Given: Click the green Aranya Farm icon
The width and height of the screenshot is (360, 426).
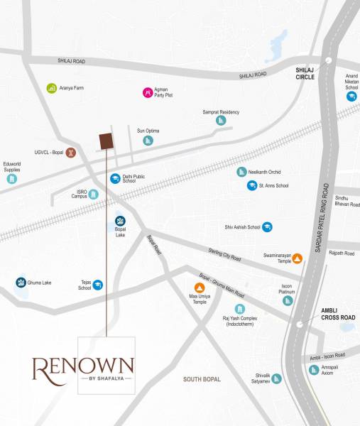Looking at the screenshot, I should coord(51,88).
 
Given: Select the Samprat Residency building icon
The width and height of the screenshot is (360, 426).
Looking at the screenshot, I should coord(221,121).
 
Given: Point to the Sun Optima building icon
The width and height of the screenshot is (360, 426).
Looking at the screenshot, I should coord(148,140).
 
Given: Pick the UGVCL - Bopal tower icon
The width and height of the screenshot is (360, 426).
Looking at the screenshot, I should coord(71,152).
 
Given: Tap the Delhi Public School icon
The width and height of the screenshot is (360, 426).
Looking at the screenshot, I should coord(114,179).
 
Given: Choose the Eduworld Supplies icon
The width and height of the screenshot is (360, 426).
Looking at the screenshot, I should coord(11,179).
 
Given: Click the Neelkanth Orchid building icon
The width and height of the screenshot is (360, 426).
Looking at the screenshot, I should coord(241,172).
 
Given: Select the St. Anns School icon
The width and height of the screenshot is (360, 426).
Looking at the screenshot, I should coord(251,186).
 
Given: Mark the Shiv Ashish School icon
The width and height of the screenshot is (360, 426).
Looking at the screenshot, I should coord(267,227).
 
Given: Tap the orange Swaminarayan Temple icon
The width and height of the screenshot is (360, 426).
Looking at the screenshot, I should coord(298,258).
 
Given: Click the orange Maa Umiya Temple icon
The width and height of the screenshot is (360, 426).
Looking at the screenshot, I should coord(200,288).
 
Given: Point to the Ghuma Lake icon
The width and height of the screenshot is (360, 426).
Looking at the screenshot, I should coord(21,283).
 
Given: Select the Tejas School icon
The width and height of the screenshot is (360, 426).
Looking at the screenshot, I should coord(98,285).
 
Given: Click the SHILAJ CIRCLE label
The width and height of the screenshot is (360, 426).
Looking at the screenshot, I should coord(310,74).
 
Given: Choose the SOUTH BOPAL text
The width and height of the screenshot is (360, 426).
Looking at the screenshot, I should coord(203,380).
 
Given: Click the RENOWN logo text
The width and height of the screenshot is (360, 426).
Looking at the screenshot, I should coord(83,366).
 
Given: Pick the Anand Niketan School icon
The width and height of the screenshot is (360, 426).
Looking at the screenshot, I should coord(351,97).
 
